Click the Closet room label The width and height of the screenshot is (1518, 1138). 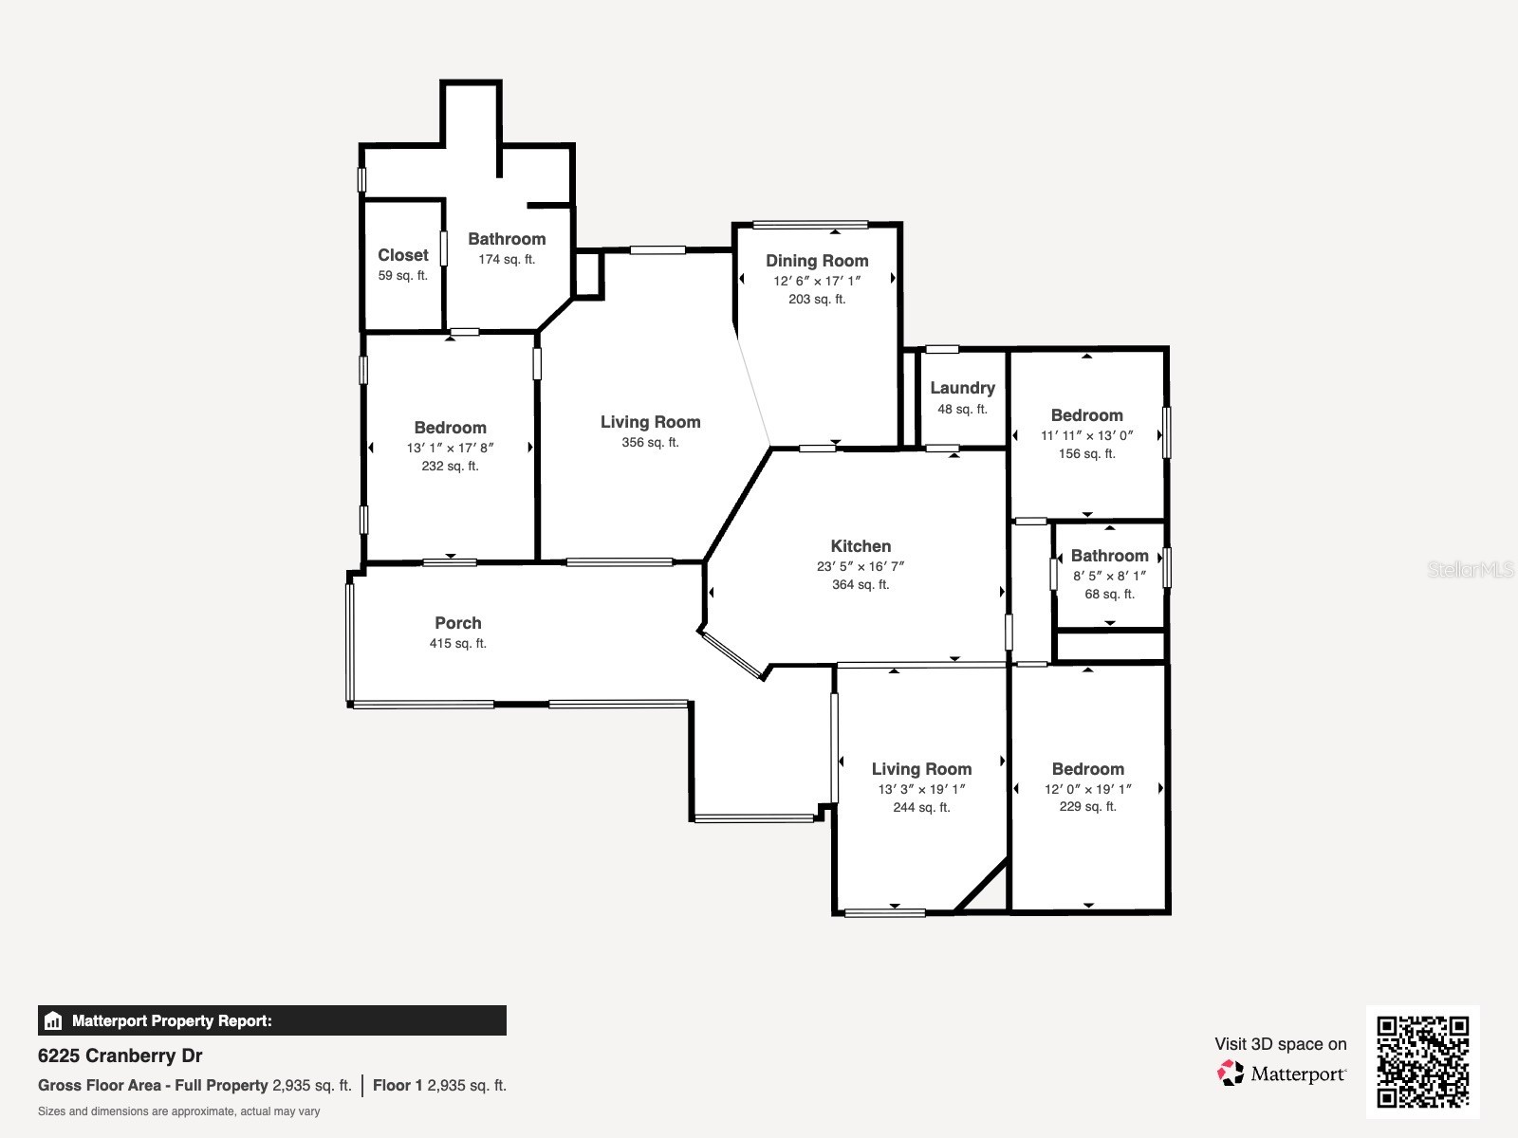pyautogui.click(x=402, y=255)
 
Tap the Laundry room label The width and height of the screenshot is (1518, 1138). pyautogui.click(x=962, y=388)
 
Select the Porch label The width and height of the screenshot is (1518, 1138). pyautogui.click(x=457, y=623)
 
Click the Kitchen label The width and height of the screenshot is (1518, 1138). pyautogui.click(x=861, y=546)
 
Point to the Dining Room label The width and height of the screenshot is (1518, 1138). pyautogui.click(x=817, y=261)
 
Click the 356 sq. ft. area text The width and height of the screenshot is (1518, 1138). pyautogui.click(x=650, y=443)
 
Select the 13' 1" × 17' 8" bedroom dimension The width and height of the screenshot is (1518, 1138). pyautogui.click(x=450, y=448)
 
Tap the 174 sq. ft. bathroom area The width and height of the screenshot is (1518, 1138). pyautogui.click(x=507, y=260)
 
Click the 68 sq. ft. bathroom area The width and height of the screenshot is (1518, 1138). pyautogui.click(x=1109, y=595)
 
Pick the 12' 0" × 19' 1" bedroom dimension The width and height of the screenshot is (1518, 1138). pyautogui.click(x=1087, y=789)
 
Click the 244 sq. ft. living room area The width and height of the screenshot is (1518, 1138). pyautogui.click(x=921, y=808)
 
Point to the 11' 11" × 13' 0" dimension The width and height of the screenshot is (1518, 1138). pyautogui.click(x=1086, y=436)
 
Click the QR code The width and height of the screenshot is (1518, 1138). pyautogui.click(x=1422, y=1061)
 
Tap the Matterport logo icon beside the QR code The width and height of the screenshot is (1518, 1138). pyautogui.click(x=1231, y=1074)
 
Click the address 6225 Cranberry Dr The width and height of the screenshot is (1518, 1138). pyautogui.click(x=120, y=1055)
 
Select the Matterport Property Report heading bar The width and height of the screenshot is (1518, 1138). pyautogui.click(x=271, y=1020)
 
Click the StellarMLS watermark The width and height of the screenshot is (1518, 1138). pyautogui.click(x=1471, y=569)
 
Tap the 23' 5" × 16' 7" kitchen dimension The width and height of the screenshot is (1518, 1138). pyautogui.click(x=861, y=566)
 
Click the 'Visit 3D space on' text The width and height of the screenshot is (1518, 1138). pyautogui.click(x=1280, y=1044)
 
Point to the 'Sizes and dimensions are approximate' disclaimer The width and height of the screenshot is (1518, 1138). pyautogui.click(x=178, y=1111)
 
